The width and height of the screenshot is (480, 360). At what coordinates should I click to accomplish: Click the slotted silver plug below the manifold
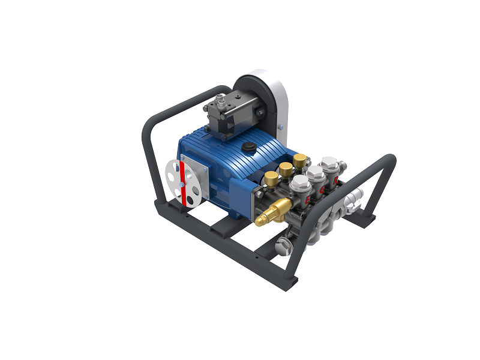(283, 245)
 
